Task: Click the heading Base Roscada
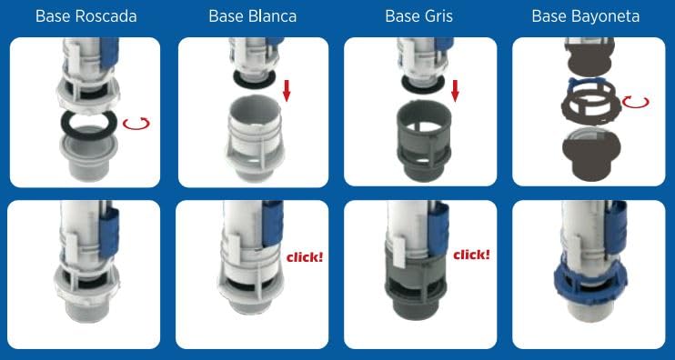pyautogui.click(x=86, y=16)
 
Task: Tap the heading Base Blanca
pyautogui.click(x=253, y=16)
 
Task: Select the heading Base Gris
pyautogui.click(x=418, y=16)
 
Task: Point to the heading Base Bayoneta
pyautogui.click(x=586, y=16)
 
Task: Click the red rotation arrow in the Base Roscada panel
pyautogui.click(x=136, y=125)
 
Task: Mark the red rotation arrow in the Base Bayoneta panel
pyautogui.click(x=635, y=103)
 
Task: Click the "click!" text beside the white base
pyautogui.click(x=305, y=257)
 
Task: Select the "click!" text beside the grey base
pyautogui.click(x=471, y=255)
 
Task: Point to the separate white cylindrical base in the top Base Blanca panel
pyautogui.click(x=254, y=137)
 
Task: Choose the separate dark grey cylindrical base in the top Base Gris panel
pyautogui.click(x=422, y=142)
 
